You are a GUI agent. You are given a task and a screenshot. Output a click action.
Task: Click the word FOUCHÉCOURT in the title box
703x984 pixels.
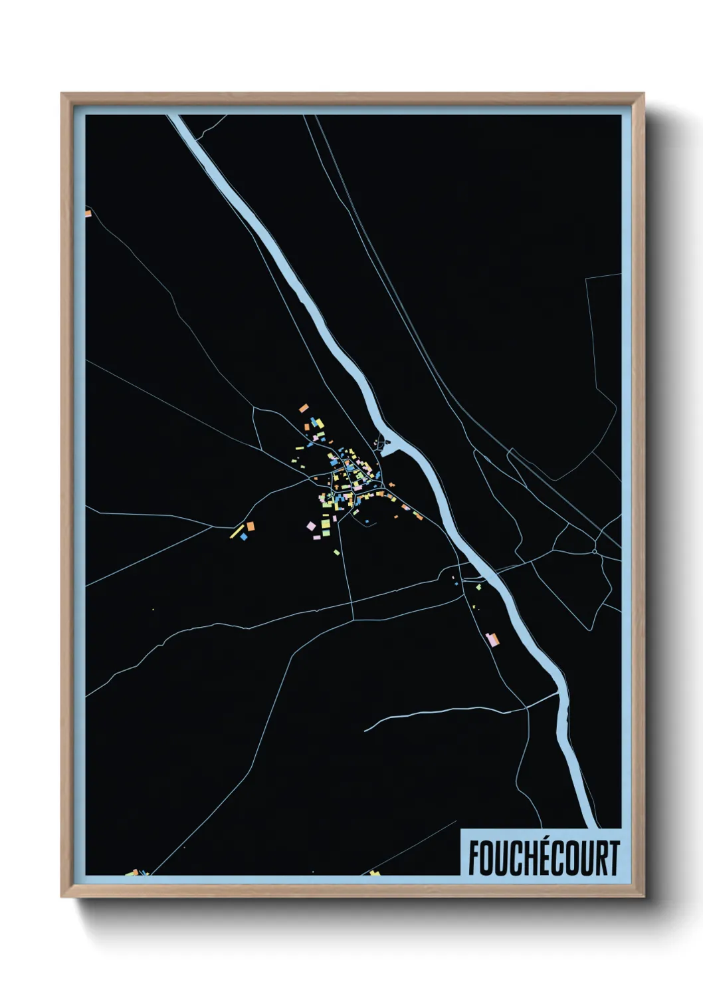click(x=544, y=858)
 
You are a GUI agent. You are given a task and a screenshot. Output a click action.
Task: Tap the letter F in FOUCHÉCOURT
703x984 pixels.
click(x=474, y=858)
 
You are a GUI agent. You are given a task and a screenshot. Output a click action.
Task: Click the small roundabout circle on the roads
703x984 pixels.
click(x=593, y=551)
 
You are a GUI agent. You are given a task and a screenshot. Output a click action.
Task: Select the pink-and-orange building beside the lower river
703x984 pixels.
click(x=492, y=640)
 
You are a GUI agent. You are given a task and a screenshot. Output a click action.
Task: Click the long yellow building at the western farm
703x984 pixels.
click(x=237, y=531)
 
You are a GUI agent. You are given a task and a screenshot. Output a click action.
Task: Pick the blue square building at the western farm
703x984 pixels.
click(x=244, y=536)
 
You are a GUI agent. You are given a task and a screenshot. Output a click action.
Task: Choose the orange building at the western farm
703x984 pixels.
click(x=251, y=527)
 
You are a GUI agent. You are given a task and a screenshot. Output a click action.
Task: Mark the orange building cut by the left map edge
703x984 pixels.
click(x=88, y=213)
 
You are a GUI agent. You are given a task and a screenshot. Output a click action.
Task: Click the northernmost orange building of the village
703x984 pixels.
click(x=304, y=408)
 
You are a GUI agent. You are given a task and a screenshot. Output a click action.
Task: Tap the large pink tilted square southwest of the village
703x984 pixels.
click(x=311, y=527)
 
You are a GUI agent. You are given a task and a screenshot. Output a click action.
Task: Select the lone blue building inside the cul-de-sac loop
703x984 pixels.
click(x=365, y=521)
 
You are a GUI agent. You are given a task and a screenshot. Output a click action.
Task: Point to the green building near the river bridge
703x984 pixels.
click(x=478, y=587)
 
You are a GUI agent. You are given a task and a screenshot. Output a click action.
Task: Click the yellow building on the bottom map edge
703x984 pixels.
click(x=375, y=872)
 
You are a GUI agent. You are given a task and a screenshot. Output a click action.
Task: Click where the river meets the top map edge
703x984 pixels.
click(x=175, y=118)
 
